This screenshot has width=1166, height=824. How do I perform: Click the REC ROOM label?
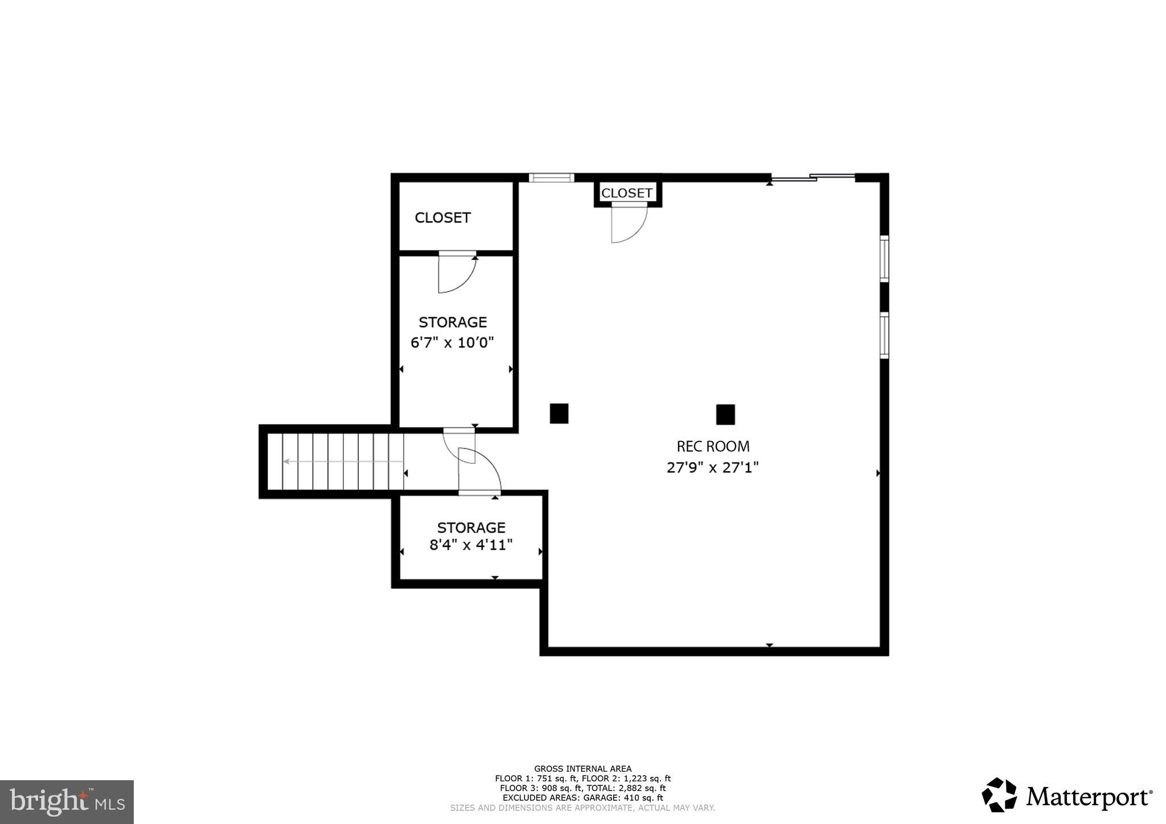713,446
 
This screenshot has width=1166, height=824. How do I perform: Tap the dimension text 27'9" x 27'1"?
713,468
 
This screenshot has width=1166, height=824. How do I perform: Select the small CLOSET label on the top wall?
627,193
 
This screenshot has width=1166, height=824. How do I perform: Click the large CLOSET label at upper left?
442,218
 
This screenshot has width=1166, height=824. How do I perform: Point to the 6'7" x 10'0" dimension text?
452,343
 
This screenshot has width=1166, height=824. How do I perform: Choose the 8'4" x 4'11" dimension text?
471,545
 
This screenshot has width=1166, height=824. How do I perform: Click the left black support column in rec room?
559,414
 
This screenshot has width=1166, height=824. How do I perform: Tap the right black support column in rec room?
725,414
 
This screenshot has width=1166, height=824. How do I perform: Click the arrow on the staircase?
342,462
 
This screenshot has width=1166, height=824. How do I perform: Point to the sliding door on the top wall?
813,178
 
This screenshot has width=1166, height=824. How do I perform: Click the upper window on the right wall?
884,259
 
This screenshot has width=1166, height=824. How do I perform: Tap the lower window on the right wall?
884,335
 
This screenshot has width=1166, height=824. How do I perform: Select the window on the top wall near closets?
551,178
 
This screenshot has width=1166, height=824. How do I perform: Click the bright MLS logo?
67,802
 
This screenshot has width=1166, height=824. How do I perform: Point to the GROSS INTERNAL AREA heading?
582,769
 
